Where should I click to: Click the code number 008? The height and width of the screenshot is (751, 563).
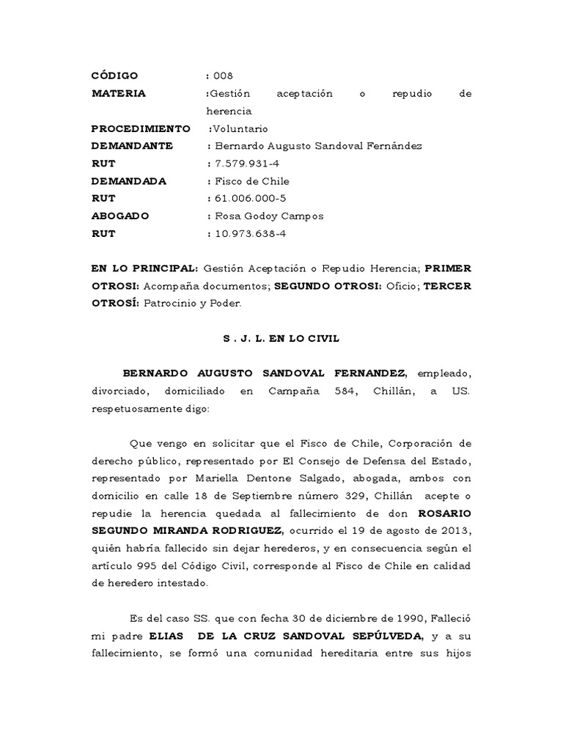[x=223, y=76]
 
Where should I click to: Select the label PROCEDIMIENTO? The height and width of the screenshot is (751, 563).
[x=140, y=128]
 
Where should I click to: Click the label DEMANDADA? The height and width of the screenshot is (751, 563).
[x=128, y=181]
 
